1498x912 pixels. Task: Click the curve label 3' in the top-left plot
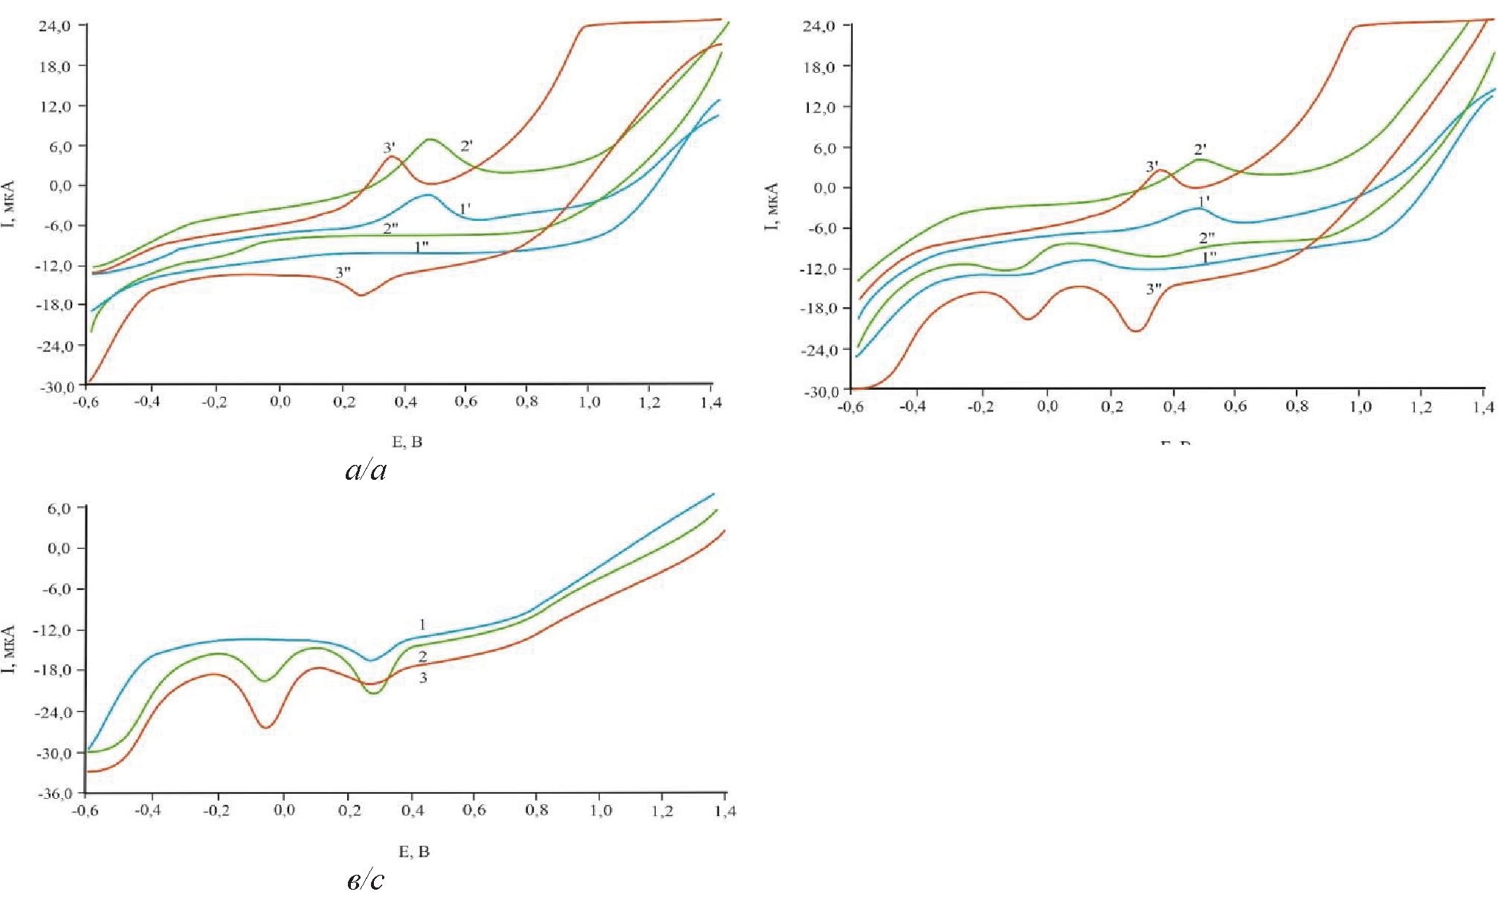(389, 148)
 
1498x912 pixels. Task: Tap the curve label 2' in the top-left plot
(466, 146)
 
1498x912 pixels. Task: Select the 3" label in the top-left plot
(343, 272)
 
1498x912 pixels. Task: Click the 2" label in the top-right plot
(1207, 238)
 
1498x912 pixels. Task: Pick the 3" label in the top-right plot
(1154, 289)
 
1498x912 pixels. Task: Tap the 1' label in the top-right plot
(1204, 201)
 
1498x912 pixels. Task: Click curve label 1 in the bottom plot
(422, 625)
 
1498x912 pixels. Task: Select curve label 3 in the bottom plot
(423, 678)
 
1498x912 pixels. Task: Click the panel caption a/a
(366, 470)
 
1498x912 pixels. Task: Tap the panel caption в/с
(366, 881)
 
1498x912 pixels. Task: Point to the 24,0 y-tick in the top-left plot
(55, 26)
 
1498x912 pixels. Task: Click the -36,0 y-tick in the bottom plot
(55, 793)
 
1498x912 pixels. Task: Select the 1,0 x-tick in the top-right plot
(1360, 407)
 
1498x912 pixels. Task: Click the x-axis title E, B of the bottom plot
(414, 852)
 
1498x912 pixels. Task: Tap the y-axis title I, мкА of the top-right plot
(772, 206)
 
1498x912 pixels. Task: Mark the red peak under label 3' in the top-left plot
(392, 157)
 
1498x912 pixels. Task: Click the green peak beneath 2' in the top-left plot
(430, 139)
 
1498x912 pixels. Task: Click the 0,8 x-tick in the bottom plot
(537, 810)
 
